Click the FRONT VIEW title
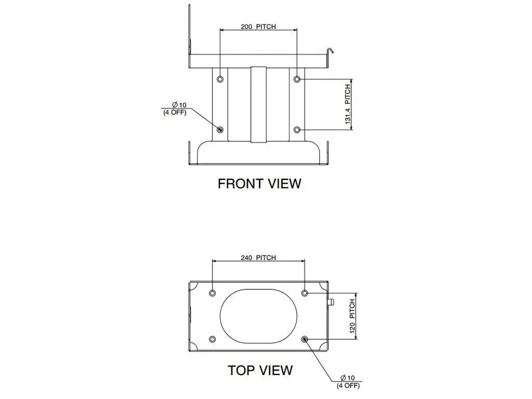pyautogui.click(x=259, y=183)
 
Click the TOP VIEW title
pyautogui.click(x=260, y=370)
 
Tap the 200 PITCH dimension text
pyautogui.click(x=258, y=26)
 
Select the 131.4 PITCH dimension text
pyautogui.click(x=348, y=104)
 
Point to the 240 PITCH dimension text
pyautogui.click(x=258, y=258)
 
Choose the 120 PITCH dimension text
pyautogui.click(x=352, y=316)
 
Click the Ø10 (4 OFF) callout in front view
pyautogui.click(x=175, y=109)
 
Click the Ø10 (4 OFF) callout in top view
pyautogui.click(x=349, y=382)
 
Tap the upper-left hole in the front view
pyautogui.click(x=220, y=79)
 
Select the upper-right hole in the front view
pyautogui.click(x=297, y=79)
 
